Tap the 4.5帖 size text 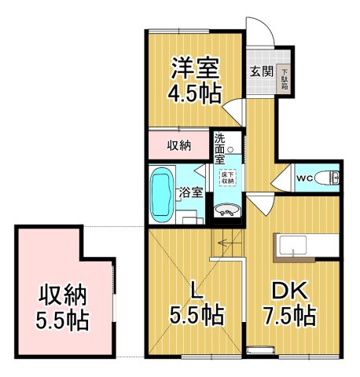click(x=196, y=93)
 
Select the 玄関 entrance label click(x=261, y=71)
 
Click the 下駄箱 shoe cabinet click(x=284, y=79)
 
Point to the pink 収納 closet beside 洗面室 click(x=179, y=146)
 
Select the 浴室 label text click(x=191, y=192)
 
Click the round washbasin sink click(x=226, y=210)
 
